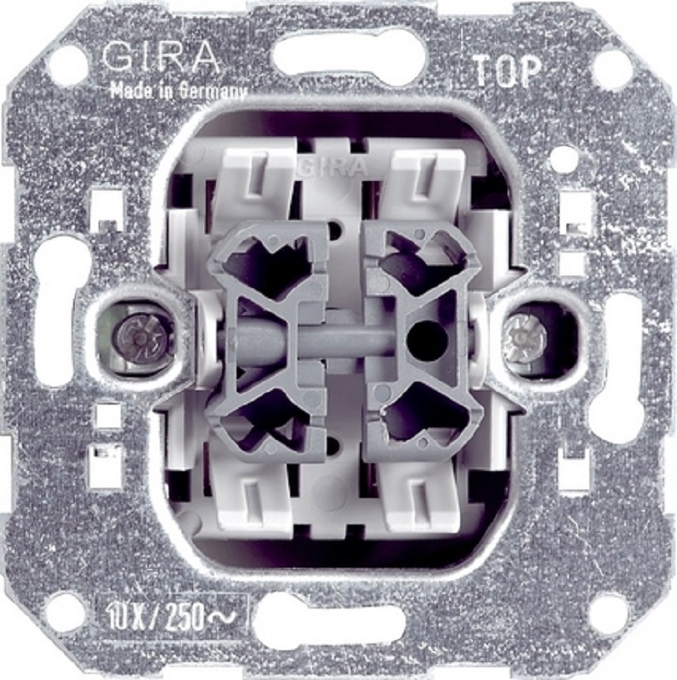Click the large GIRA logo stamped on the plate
pyautogui.click(x=161, y=57)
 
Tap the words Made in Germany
pyautogui.click(x=179, y=92)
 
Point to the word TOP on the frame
pyautogui.click(x=506, y=71)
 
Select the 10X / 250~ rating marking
pyautogui.click(x=168, y=617)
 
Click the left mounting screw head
pyautogui.click(x=138, y=337)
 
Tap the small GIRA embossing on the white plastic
pyautogui.click(x=332, y=167)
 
